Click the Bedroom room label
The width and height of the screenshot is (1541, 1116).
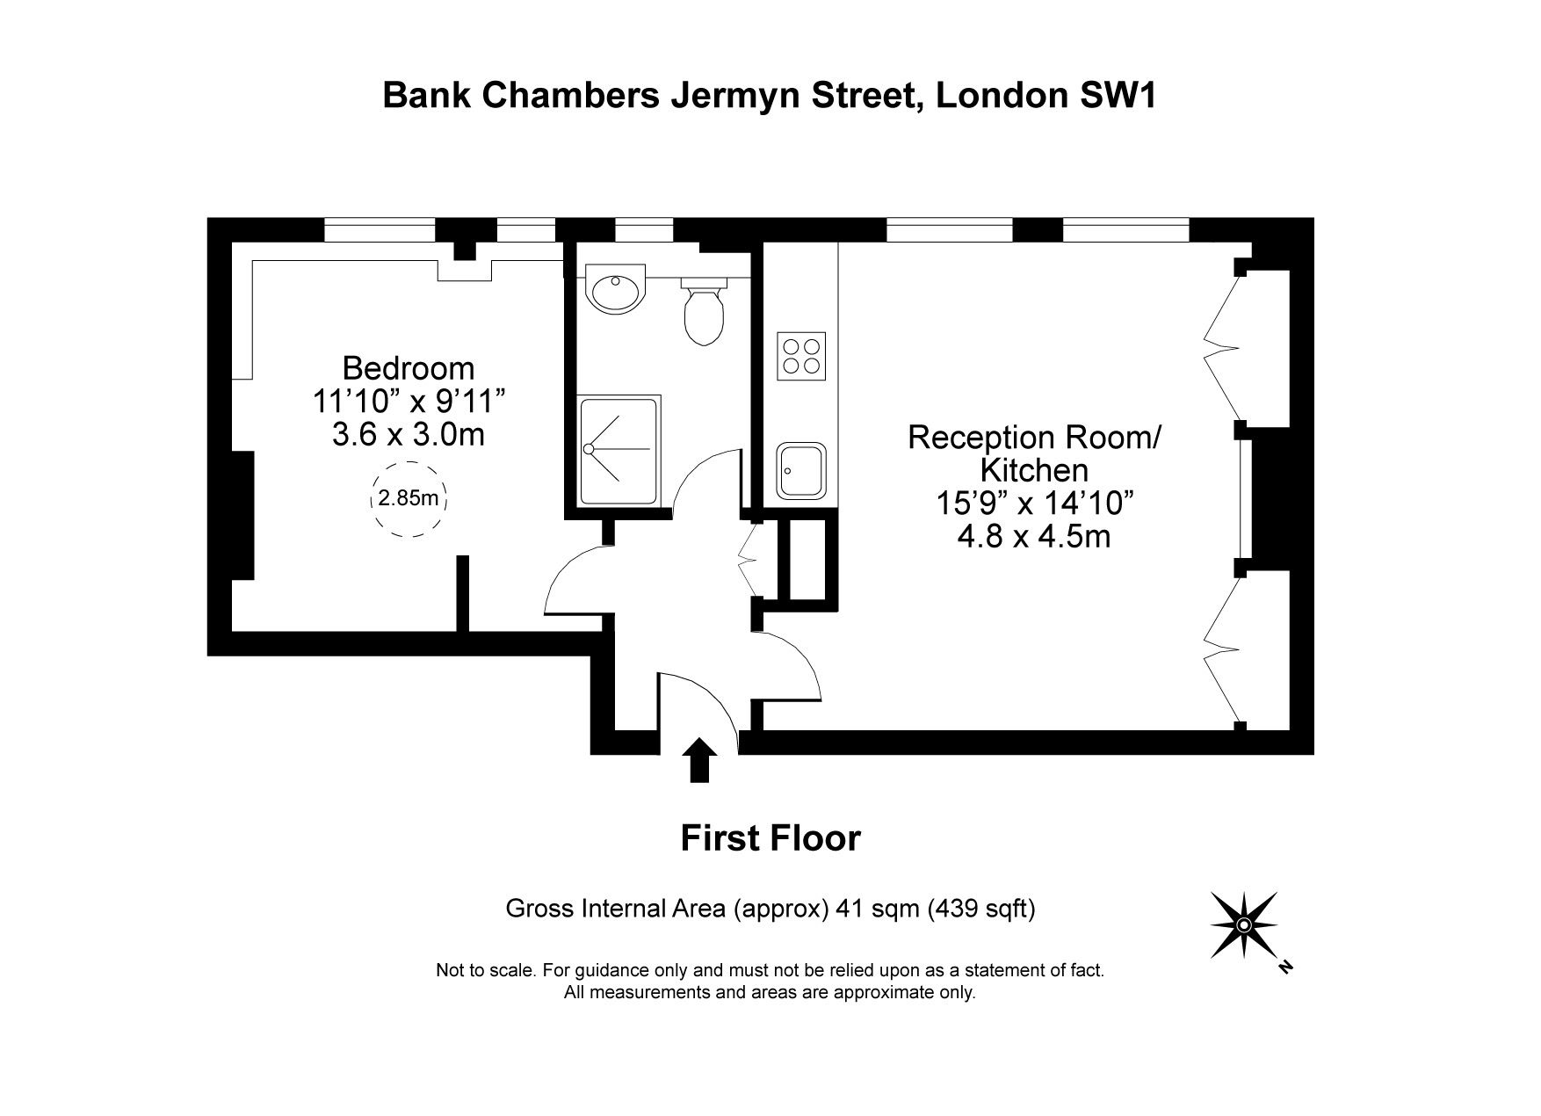[408, 367]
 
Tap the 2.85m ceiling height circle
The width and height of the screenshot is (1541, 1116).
[408, 498]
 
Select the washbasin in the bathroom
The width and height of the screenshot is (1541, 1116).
[615, 292]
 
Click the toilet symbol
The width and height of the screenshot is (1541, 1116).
[704, 314]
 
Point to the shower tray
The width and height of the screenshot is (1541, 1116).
[619, 450]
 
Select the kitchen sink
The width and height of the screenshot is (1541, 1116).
[801, 470]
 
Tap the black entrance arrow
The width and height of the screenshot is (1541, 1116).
[699, 759]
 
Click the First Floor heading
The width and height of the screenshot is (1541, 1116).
[770, 838]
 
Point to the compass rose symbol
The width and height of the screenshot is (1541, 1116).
[1243, 924]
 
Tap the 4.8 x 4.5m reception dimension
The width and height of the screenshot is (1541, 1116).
[1033, 536]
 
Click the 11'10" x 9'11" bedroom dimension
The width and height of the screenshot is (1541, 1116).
[409, 402]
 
